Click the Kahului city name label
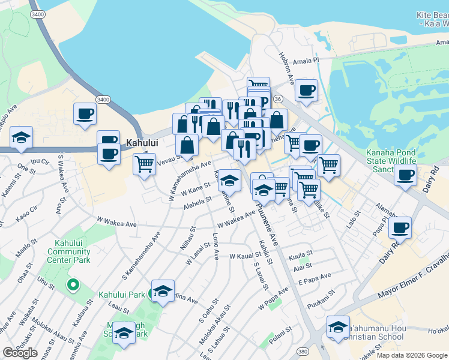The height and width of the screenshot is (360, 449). click(x=144, y=144)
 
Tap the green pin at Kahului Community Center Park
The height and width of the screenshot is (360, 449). click(x=73, y=284)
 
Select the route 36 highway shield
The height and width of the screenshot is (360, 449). click(x=277, y=98)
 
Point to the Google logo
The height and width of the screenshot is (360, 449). click(x=20, y=353)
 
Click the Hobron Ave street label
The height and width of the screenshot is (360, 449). click(x=286, y=65)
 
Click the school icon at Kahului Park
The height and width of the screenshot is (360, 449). click(x=163, y=290)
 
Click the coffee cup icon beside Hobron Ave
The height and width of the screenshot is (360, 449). click(x=306, y=90)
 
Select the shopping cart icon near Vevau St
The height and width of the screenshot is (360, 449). click(x=144, y=163)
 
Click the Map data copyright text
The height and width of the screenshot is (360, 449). click(x=412, y=355)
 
